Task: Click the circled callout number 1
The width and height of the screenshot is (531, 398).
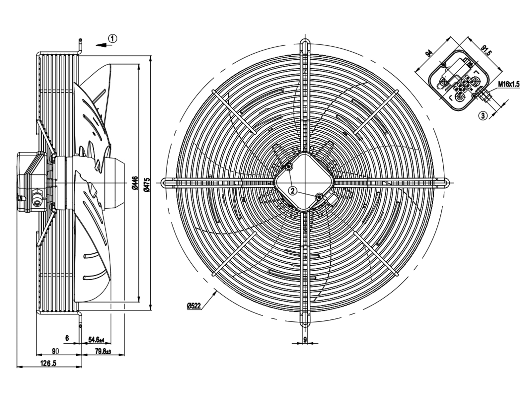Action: (x=113, y=39)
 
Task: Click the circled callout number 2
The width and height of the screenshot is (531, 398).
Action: (x=293, y=190)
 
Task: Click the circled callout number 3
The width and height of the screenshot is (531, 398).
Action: (x=483, y=115)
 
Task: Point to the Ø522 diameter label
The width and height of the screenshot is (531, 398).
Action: (x=194, y=306)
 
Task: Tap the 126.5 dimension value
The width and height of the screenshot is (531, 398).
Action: (x=48, y=364)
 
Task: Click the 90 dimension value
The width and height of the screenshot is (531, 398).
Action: (x=55, y=351)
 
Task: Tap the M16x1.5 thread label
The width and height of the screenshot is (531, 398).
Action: (x=508, y=84)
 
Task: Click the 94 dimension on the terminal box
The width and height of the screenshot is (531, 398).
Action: (x=429, y=53)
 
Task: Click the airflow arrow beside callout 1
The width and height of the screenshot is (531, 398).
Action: (x=102, y=44)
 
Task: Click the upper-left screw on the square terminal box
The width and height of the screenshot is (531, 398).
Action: (x=289, y=166)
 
